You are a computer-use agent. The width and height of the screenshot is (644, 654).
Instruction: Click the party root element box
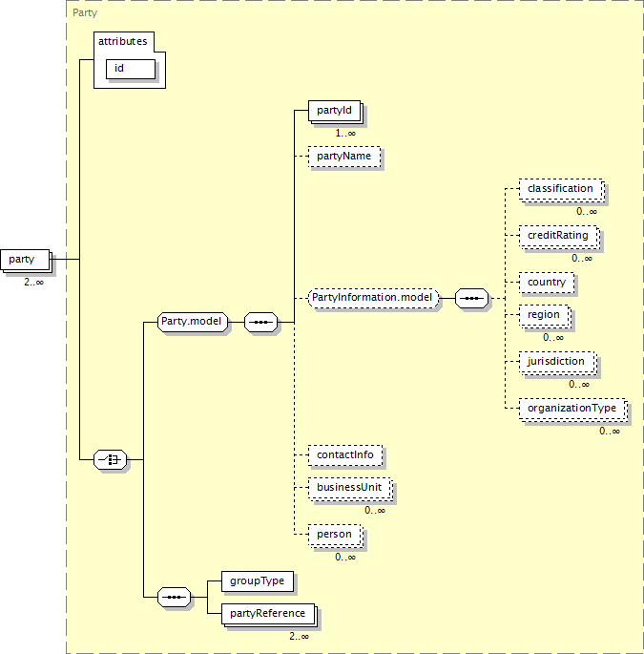26,261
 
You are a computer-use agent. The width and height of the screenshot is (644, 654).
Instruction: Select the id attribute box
131,69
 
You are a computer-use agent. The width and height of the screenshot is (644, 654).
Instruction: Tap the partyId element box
335,112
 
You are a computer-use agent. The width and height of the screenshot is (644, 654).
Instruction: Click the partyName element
344,157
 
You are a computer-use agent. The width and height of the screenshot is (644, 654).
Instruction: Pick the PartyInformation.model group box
373,298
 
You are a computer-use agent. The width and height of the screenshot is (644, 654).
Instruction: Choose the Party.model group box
193,322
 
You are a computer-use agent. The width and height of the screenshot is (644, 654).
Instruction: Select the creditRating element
559,237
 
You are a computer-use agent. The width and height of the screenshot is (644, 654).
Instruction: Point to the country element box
547,283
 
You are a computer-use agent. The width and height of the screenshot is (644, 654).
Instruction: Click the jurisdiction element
558,363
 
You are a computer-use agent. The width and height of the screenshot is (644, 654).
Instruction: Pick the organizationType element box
573,410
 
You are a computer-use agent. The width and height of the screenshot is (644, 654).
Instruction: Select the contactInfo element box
345,455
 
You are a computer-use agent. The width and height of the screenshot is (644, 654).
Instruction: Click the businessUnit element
350,489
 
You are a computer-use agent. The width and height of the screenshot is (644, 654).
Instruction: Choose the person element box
336,536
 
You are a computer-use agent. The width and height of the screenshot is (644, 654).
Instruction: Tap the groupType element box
258,581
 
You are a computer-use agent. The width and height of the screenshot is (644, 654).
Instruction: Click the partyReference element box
269,615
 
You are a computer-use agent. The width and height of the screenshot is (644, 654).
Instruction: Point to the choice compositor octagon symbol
110,459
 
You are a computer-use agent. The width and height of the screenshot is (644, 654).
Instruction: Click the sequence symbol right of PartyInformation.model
471,298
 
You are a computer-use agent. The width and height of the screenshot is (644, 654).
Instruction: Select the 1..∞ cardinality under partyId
345,134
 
